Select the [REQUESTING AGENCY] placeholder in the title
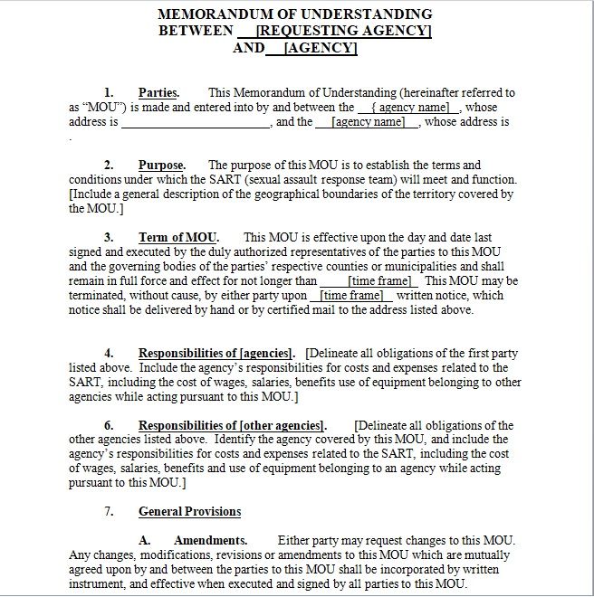pos(343,31)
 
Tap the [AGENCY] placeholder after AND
pos(321,48)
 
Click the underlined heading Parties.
pos(158,92)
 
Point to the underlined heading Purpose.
pos(161,165)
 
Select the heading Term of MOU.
pos(178,237)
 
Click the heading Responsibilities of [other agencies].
pos(232,425)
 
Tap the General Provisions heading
pos(189,511)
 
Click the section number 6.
pos(109,425)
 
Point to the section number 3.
pos(109,237)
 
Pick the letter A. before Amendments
pos(144,539)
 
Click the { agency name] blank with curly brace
pos(409,107)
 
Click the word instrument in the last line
pos(98,583)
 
